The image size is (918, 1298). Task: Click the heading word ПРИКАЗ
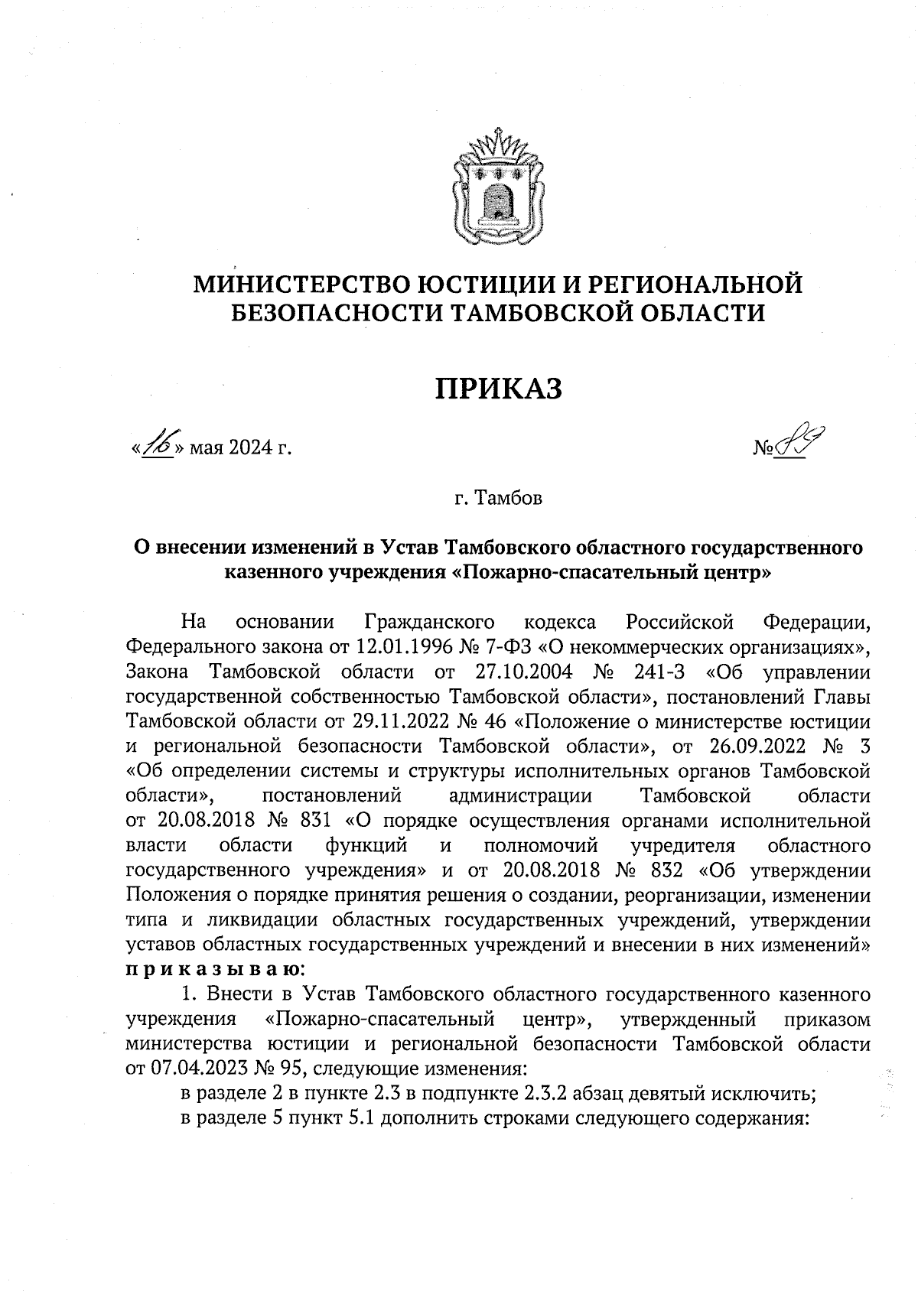pyautogui.click(x=499, y=389)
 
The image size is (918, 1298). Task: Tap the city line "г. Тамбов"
pyautogui.click(x=497, y=499)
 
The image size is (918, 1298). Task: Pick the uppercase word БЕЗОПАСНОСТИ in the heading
pyautogui.click(x=330, y=313)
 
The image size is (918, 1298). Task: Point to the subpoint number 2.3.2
pyautogui.click(x=547, y=1095)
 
